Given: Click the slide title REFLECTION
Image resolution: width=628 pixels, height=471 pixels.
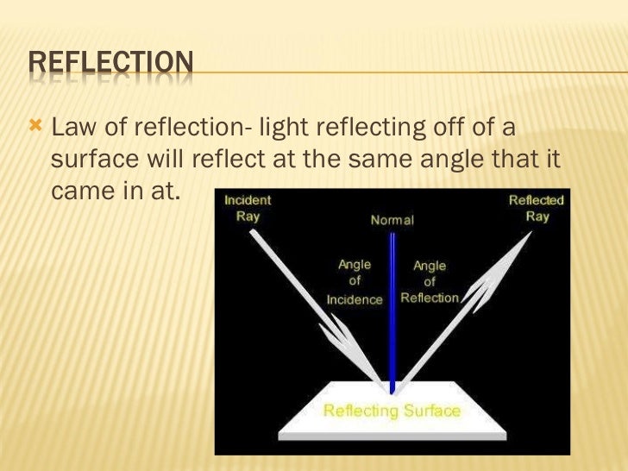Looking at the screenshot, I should click(x=110, y=63).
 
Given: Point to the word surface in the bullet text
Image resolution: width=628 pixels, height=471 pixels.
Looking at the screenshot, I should click(x=92, y=160).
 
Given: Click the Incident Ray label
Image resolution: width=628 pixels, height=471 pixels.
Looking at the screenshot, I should click(x=248, y=208).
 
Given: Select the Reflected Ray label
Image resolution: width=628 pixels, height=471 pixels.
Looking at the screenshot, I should click(x=536, y=208).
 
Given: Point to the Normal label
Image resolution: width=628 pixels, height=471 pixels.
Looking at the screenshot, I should click(x=392, y=220).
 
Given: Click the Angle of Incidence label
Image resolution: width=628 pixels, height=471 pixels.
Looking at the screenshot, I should click(x=355, y=282).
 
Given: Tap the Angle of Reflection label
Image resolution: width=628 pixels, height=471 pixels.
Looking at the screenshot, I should click(x=430, y=282).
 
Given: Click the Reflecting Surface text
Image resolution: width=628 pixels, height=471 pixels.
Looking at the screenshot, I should click(x=392, y=411).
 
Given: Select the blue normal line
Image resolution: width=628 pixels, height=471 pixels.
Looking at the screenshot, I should click(x=392, y=319).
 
